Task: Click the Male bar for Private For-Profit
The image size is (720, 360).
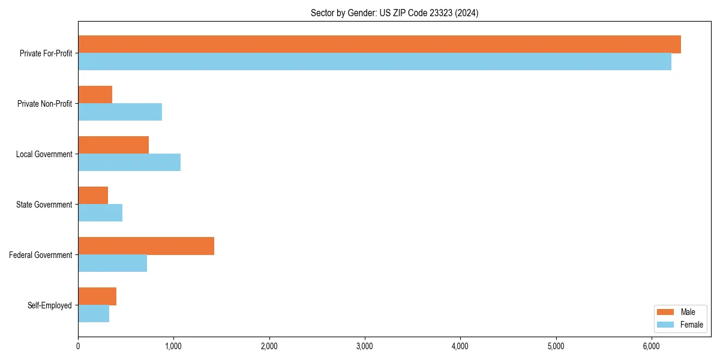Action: pyautogui.click(x=379, y=44)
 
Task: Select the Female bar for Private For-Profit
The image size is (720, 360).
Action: pyautogui.click(x=374, y=62)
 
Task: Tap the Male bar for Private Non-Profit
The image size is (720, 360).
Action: pyautogui.click(x=95, y=95)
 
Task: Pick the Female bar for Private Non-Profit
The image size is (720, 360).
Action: pyautogui.click(x=120, y=112)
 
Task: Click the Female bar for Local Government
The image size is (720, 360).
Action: pyautogui.click(x=129, y=163)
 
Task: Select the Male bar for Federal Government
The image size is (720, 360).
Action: pyautogui.click(x=146, y=246)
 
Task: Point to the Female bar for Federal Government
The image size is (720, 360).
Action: pyautogui.click(x=112, y=263)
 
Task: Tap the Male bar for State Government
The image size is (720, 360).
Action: pyautogui.click(x=93, y=196)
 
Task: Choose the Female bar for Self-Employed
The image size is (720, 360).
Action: pyautogui.click(x=94, y=314)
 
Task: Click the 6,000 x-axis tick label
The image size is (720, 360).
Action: pyautogui.click(x=652, y=346)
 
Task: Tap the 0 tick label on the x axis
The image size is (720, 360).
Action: pyautogui.click(x=78, y=346)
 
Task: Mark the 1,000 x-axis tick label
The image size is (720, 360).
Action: pyautogui.click(x=173, y=346)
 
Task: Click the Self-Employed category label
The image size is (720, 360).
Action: pyautogui.click(x=50, y=305)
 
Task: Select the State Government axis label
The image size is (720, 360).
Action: pyautogui.click(x=44, y=205)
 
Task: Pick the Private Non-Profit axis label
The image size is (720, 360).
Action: pyautogui.click(x=44, y=104)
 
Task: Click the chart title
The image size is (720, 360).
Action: pyautogui.click(x=394, y=13)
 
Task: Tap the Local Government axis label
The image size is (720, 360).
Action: pyautogui.click(x=44, y=154)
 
